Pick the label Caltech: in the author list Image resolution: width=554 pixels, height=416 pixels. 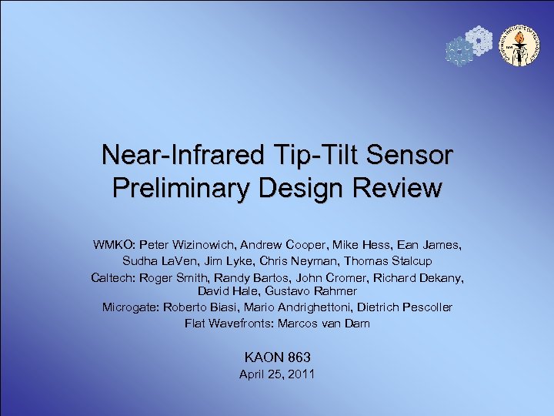pyautogui.click(x=118, y=277)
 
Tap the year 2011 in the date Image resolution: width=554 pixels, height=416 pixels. pyautogui.click(x=300, y=374)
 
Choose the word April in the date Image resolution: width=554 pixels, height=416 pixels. pyautogui.click(x=252, y=374)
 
